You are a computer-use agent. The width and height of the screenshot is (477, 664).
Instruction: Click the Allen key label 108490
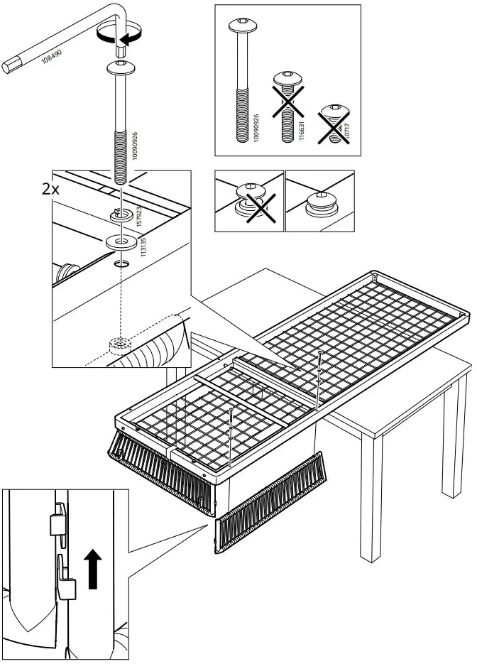click(x=50, y=58)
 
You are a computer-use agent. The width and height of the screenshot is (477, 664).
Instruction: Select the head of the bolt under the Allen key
click(x=121, y=70)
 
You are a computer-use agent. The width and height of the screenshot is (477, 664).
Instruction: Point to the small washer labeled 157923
click(x=121, y=213)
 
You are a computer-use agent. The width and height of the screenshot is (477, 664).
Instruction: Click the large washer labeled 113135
click(x=121, y=242)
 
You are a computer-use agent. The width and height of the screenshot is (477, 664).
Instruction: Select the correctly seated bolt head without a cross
click(x=321, y=203)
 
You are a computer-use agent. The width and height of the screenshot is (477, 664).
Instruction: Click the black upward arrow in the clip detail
click(x=91, y=565)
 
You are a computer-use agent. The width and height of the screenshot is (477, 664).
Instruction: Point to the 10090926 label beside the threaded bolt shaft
click(x=136, y=148)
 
